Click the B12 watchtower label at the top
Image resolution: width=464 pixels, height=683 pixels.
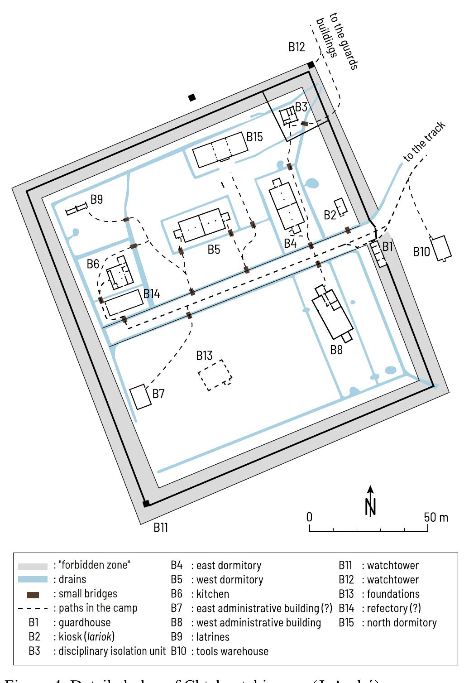point(297,47)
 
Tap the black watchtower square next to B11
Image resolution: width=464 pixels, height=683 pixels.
point(146,503)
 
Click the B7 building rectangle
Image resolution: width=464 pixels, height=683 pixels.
point(140,397)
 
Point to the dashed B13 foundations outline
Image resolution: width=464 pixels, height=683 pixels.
point(215,375)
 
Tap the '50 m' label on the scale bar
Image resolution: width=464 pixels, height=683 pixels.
point(436,517)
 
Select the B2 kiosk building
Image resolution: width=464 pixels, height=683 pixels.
point(341,207)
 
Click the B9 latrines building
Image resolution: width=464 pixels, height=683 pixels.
point(76,209)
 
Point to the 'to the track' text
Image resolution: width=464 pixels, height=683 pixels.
point(424,142)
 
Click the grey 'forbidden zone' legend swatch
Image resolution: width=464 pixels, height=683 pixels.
point(33,566)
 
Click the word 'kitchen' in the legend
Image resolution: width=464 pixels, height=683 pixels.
point(212,594)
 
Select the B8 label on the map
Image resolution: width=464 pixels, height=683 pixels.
point(336,350)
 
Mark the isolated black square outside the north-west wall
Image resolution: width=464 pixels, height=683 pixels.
point(192,97)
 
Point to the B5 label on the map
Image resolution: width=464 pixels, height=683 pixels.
point(214,249)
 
